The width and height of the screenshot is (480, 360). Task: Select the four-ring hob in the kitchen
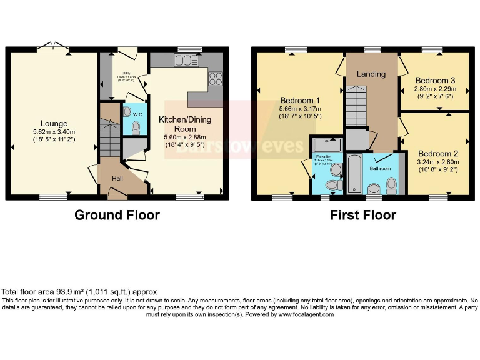(x=216, y=79)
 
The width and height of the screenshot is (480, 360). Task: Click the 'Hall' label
(x=118, y=179)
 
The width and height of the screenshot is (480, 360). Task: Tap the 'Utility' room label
(x=127, y=73)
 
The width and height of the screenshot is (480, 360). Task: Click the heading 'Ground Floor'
(x=117, y=216)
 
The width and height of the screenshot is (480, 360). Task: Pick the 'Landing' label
(x=371, y=74)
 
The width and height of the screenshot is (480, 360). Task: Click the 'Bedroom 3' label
(x=435, y=80)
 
